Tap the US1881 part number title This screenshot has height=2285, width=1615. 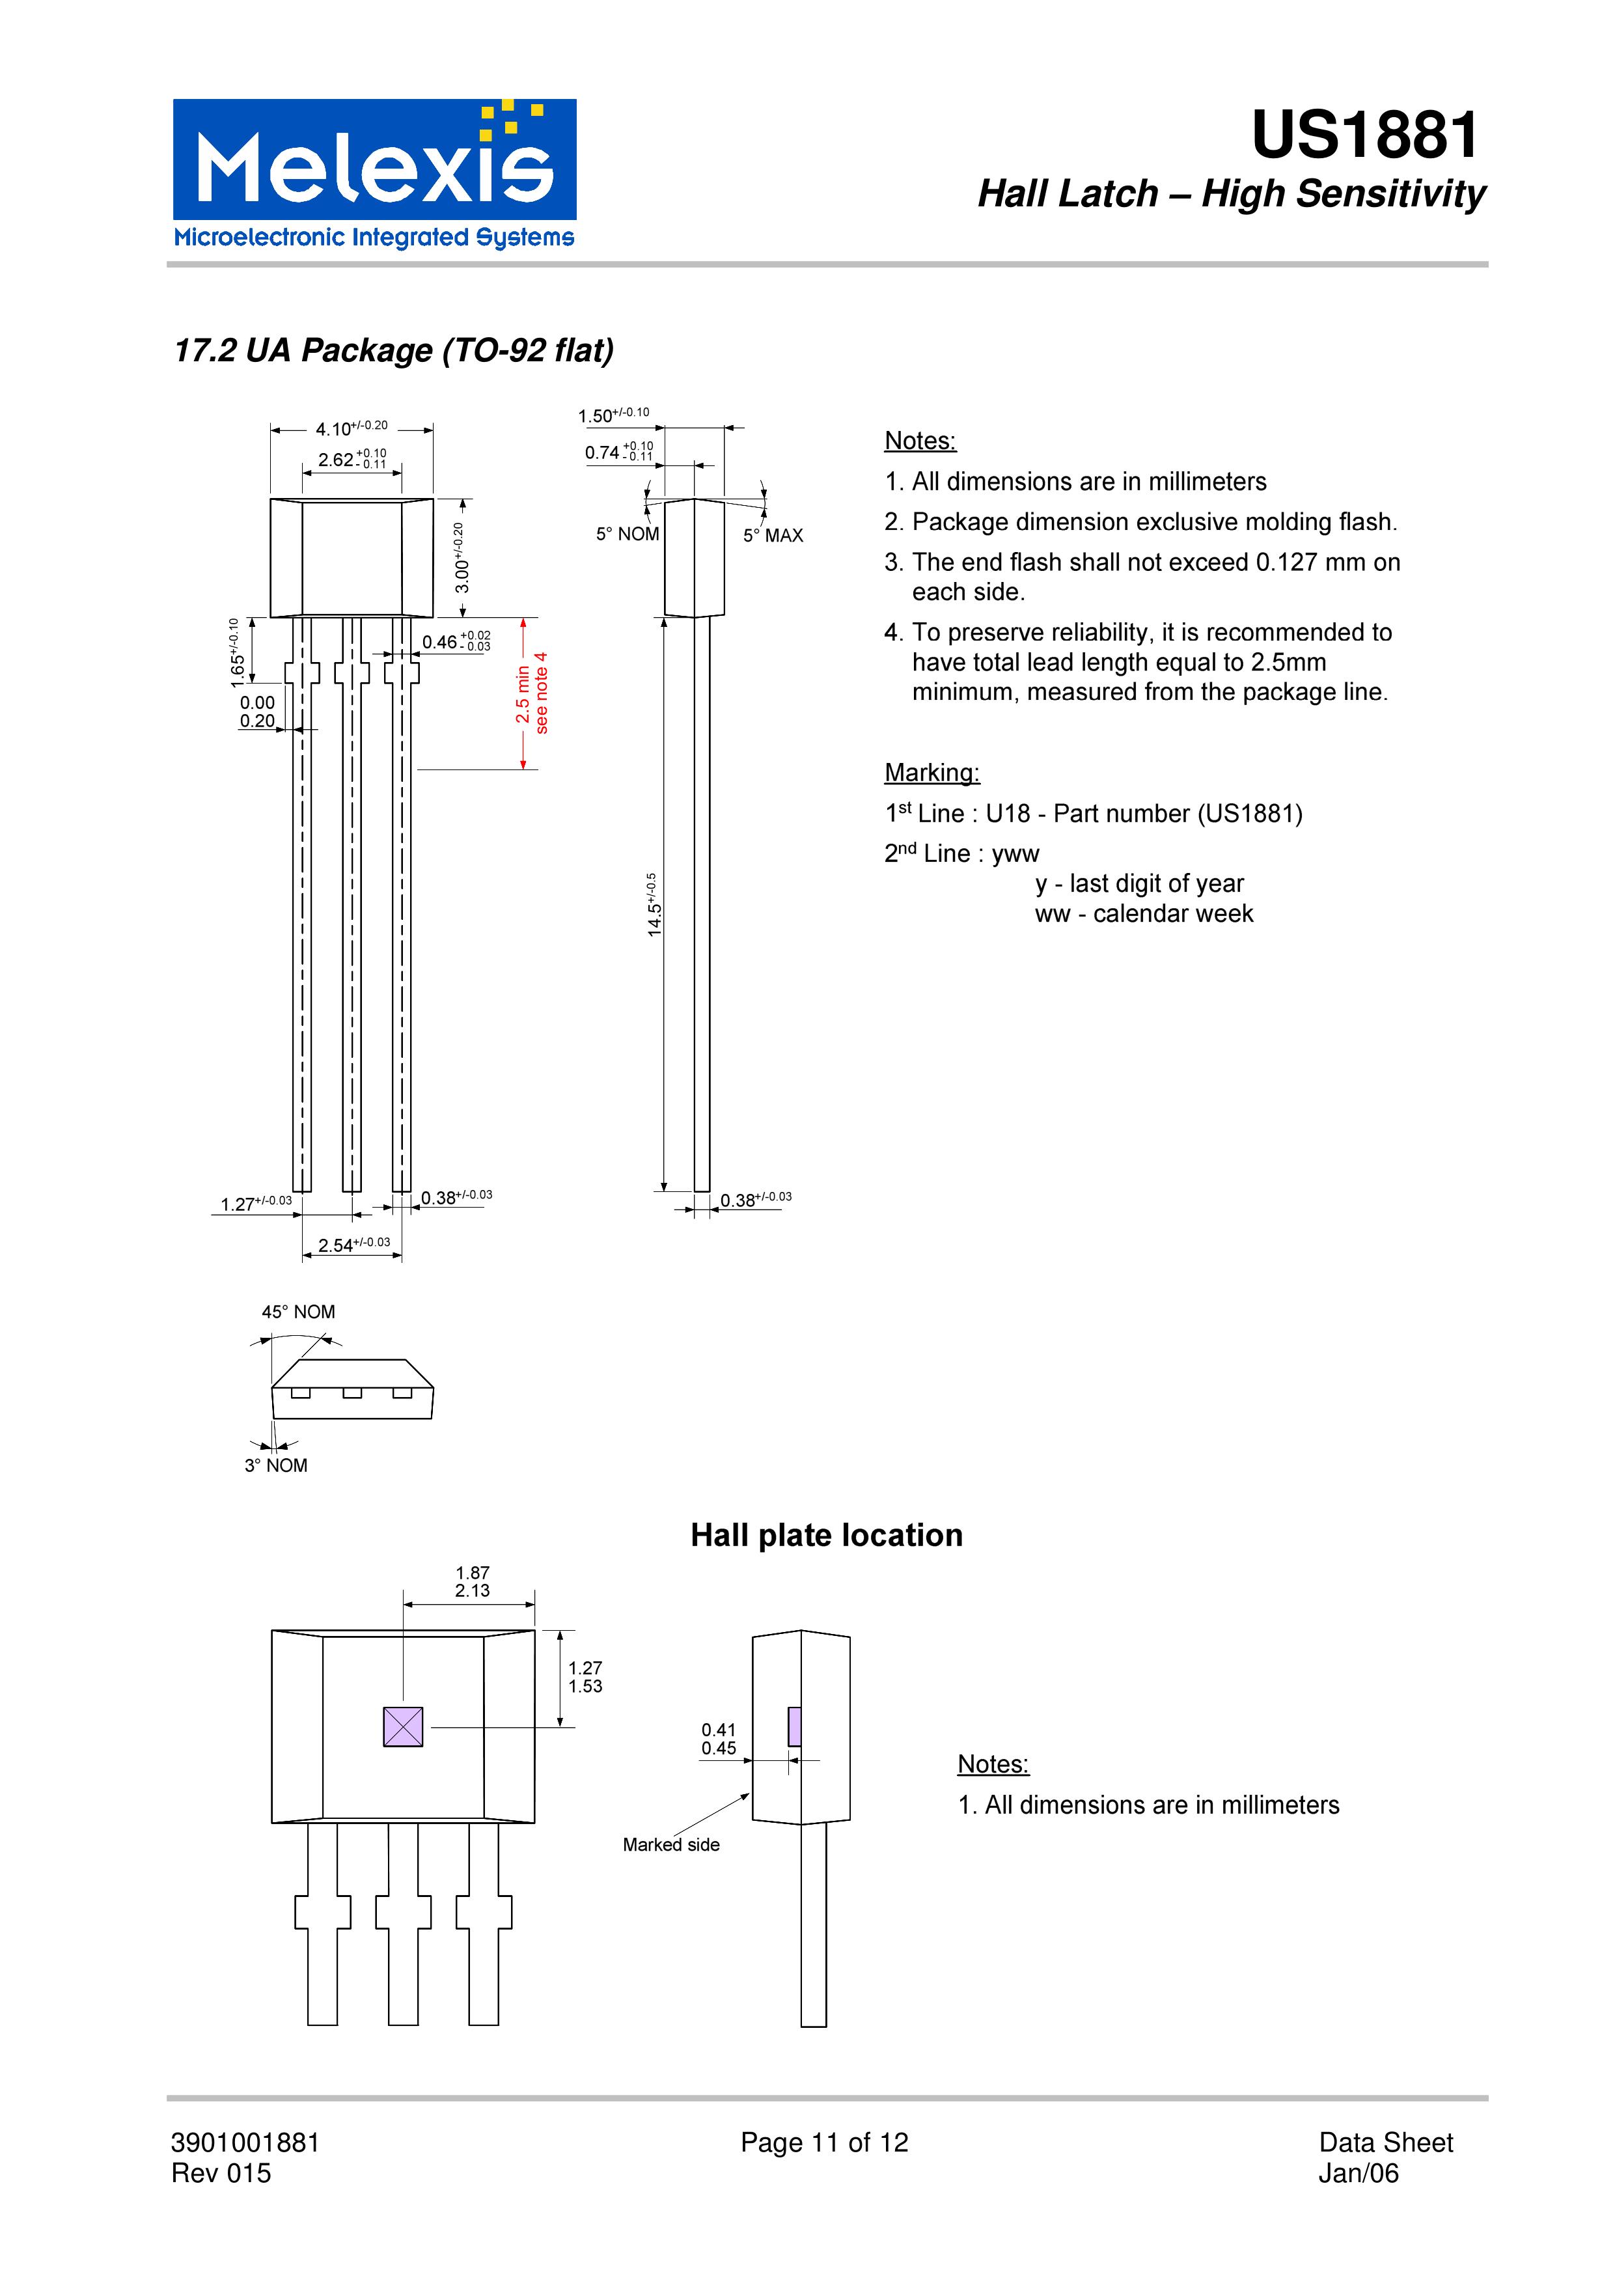click(1364, 135)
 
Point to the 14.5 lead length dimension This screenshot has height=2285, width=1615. click(654, 905)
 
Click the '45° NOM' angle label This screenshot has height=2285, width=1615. click(299, 1312)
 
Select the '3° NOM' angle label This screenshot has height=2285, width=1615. click(275, 1465)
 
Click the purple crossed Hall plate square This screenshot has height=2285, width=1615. click(403, 1726)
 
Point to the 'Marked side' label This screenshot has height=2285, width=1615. click(670, 1844)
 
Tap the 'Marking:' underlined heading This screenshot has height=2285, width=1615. click(932, 772)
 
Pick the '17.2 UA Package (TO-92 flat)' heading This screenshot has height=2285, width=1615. click(394, 350)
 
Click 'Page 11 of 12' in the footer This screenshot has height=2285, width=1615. click(824, 2142)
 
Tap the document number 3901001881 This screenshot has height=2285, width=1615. click(246, 2142)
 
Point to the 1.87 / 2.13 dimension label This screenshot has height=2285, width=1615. click(473, 1581)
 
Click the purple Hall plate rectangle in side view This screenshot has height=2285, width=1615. click(794, 1726)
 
